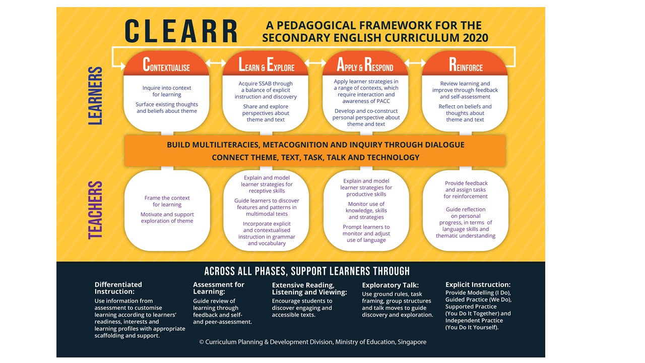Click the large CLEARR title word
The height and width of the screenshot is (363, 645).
[181, 31]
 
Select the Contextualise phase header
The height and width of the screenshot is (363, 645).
[166, 65]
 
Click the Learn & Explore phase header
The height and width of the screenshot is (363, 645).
[266, 66]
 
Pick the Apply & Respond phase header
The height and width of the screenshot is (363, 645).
[365, 66]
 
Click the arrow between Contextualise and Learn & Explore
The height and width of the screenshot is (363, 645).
[216, 64]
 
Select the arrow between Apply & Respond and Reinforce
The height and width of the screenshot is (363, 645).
[415, 64]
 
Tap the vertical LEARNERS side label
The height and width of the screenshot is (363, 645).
[96, 96]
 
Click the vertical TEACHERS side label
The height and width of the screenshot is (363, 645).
[96, 210]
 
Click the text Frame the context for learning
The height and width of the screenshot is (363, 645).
[167, 201]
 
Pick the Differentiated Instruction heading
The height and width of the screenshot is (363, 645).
[118, 288]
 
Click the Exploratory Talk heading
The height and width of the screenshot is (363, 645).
[390, 285]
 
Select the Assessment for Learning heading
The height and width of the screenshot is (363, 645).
[219, 288]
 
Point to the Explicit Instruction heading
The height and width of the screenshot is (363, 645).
[478, 284]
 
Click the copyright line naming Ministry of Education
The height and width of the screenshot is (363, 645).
[312, 342]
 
